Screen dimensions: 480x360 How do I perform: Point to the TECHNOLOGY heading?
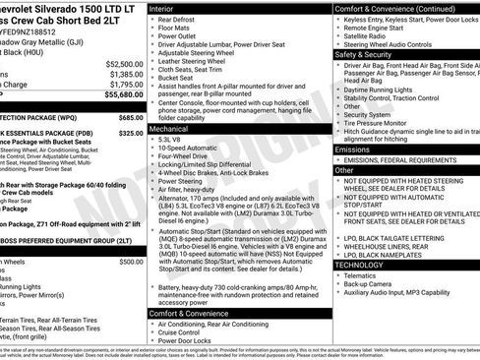click(x=359, y=265)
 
